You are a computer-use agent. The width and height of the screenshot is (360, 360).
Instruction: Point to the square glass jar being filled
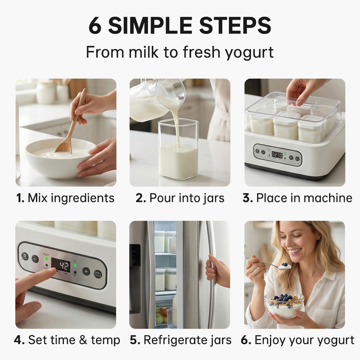178,150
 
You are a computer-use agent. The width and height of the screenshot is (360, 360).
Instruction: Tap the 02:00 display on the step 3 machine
277,155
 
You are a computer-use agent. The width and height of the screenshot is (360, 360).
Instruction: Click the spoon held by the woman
270,265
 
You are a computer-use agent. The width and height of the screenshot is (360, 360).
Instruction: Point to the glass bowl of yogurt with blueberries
284,304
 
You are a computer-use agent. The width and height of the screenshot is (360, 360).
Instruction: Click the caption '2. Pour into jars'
180,198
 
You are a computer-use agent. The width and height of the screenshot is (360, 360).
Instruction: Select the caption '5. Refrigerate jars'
181,340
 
